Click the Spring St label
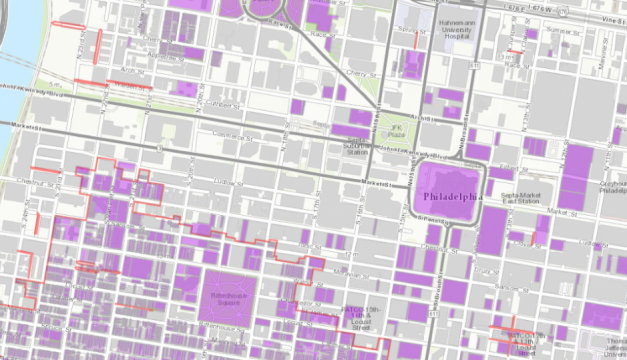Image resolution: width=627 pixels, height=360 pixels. coord(405,29)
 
